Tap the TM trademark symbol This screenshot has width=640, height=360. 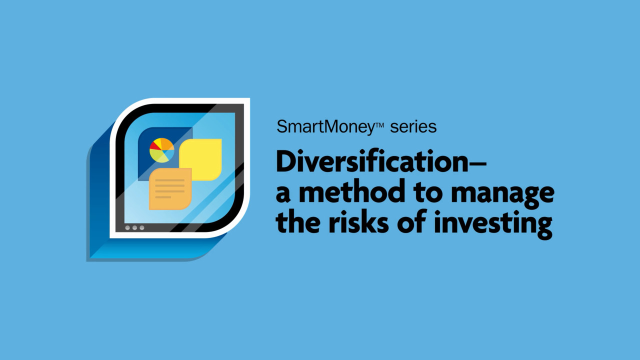click(x=379, y=124)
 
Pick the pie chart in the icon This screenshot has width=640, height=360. click(x=161, y=150)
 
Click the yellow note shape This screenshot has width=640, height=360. click(x=200, y=159)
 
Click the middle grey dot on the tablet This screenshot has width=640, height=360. click(x=134, y=227)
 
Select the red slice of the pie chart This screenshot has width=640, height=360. click(x=154, y=146)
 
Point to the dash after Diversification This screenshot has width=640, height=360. click(x=477, y=162)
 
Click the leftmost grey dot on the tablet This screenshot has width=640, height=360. click(x=127, y=227)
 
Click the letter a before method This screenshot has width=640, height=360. click(x=283, y=194)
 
